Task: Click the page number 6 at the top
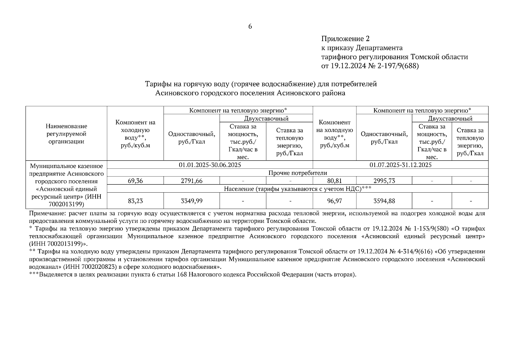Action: tap(250, 26)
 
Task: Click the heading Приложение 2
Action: tap(345, 39)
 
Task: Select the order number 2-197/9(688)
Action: tap(393, 66)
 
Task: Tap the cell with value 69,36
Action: tap(135, 181)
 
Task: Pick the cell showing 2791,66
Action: tap(192, 181)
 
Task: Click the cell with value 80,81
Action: tap(334, 181)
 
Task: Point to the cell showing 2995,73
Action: tap(384, 181)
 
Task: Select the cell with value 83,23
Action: tap(135, 201)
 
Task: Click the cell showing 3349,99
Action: tap(192, 201)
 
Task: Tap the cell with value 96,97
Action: tap(334, 201)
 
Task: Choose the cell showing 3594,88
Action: tap(384, 201)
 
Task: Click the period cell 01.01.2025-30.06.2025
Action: tap(210, 165)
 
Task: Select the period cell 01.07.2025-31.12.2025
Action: tap(400, 165)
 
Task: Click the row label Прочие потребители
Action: tap(298, 173)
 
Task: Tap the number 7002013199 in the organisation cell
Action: tap(66, 204)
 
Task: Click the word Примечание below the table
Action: tap(47, 214)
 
